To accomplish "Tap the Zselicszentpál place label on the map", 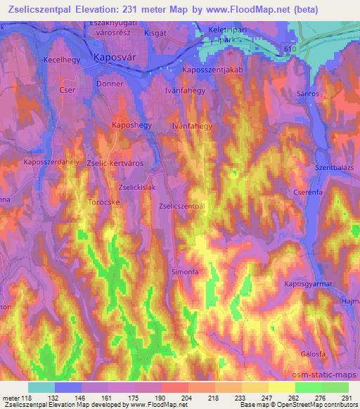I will coord(181,206).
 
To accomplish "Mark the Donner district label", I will coord(110,84).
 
